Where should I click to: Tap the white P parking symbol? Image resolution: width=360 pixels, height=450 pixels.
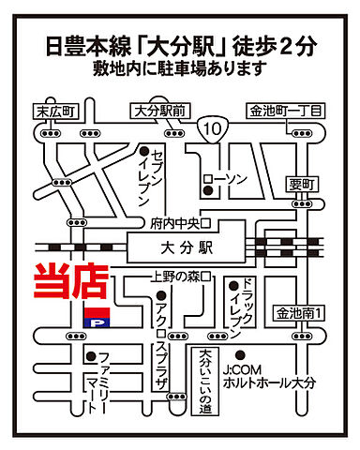pyautogui.click(x=96, y=320)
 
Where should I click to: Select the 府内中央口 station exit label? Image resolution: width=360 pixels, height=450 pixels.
pyautogui.click(x=177, y=223)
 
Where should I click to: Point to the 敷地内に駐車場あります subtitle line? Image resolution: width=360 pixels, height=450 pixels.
pyautogui.click(x=179, y=68)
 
